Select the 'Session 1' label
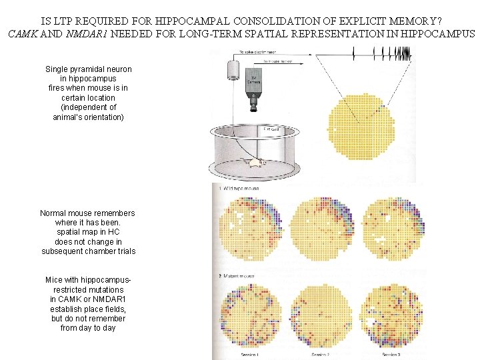[251, 355]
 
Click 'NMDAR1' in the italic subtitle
[87, 33]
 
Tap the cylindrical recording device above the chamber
[233, 69]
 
